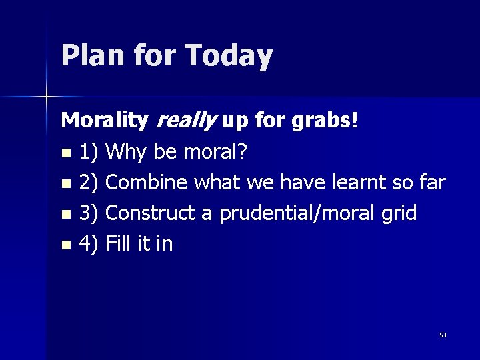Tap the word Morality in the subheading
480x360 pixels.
(105, 121)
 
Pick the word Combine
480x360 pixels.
(147, 182)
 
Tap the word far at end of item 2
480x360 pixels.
(431, 182)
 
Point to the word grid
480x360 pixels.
(398, 213)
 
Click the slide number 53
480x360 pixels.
(443, 335)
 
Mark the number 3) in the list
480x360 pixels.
(89, 213)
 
